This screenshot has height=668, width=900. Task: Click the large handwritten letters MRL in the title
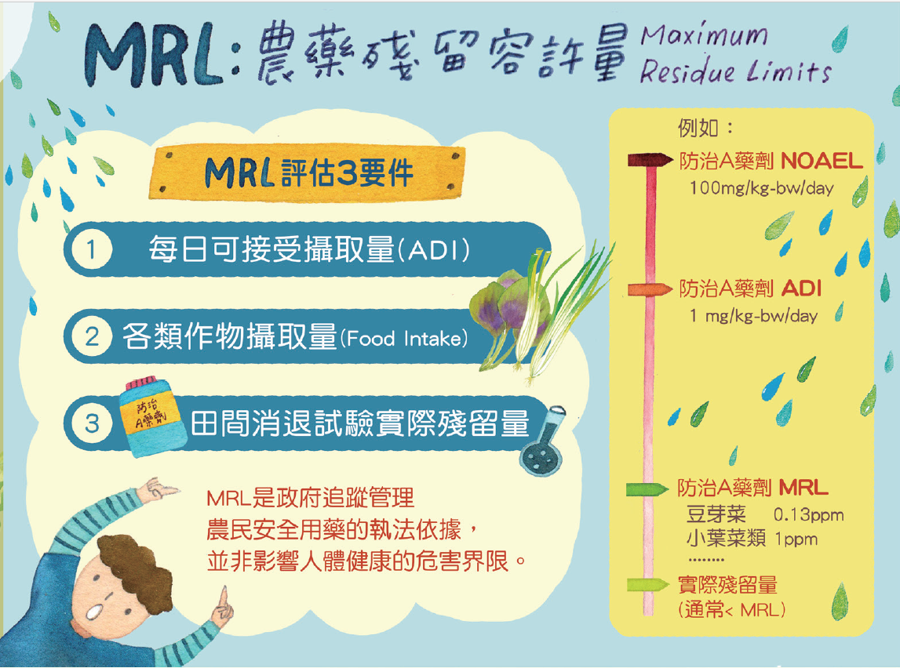153,56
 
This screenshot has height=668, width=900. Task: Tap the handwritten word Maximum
704,36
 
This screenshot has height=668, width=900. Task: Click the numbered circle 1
91,249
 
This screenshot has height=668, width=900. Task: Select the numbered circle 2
91,336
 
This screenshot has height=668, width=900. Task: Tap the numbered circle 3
91,423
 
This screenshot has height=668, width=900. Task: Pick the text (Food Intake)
404,338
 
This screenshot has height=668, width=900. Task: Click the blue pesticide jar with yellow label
152,416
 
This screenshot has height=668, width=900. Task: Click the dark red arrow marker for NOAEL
650,159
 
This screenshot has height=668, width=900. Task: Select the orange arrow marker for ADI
650,289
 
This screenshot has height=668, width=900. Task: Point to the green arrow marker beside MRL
647,489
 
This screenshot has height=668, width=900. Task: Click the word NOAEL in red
822,162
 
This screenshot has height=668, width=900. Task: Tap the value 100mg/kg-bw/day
762,188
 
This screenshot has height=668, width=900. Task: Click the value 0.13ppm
809,514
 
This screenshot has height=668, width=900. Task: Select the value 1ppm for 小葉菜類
796,539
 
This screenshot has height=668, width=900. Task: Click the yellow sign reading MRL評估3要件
307,172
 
